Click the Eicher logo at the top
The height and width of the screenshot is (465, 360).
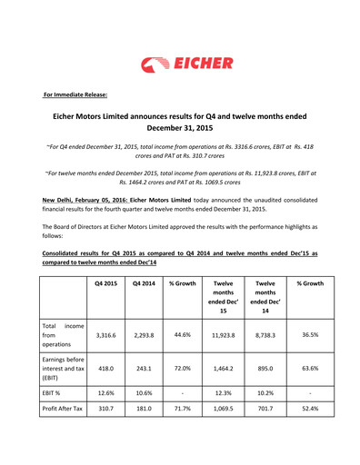pos(186,64)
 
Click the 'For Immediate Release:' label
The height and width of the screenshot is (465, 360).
pos(76,94)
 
